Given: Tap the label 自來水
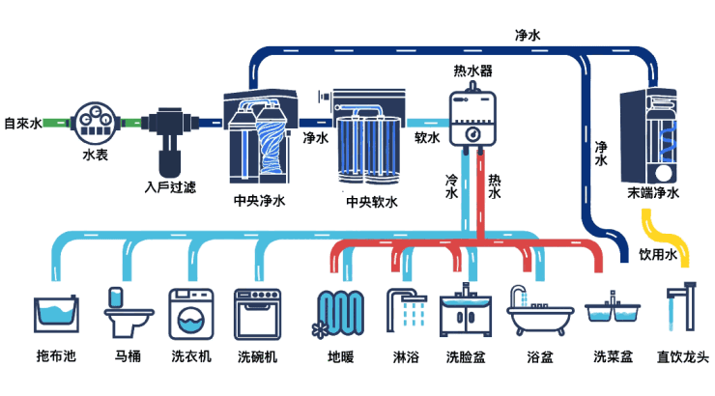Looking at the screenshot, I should coord(22,124).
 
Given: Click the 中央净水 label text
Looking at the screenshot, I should coord(260,201).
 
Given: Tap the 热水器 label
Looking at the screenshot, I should coord(472,71).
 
